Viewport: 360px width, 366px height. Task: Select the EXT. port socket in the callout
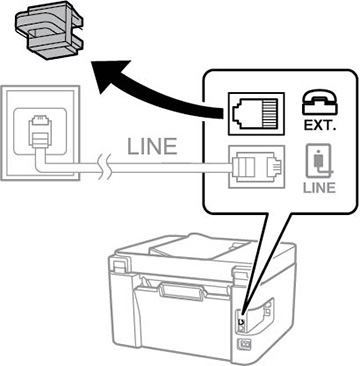(256, 114)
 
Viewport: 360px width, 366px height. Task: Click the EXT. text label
(319, 125)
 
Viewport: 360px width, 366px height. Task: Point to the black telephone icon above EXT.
(319, 102)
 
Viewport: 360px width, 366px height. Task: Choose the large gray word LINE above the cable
(152, 147)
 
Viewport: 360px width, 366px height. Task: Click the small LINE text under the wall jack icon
(319, 188)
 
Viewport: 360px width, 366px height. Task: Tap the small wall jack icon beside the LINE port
(320, 162)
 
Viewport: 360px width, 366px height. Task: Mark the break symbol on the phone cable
(106, 167)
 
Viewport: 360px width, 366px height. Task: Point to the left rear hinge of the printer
(118, 265)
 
